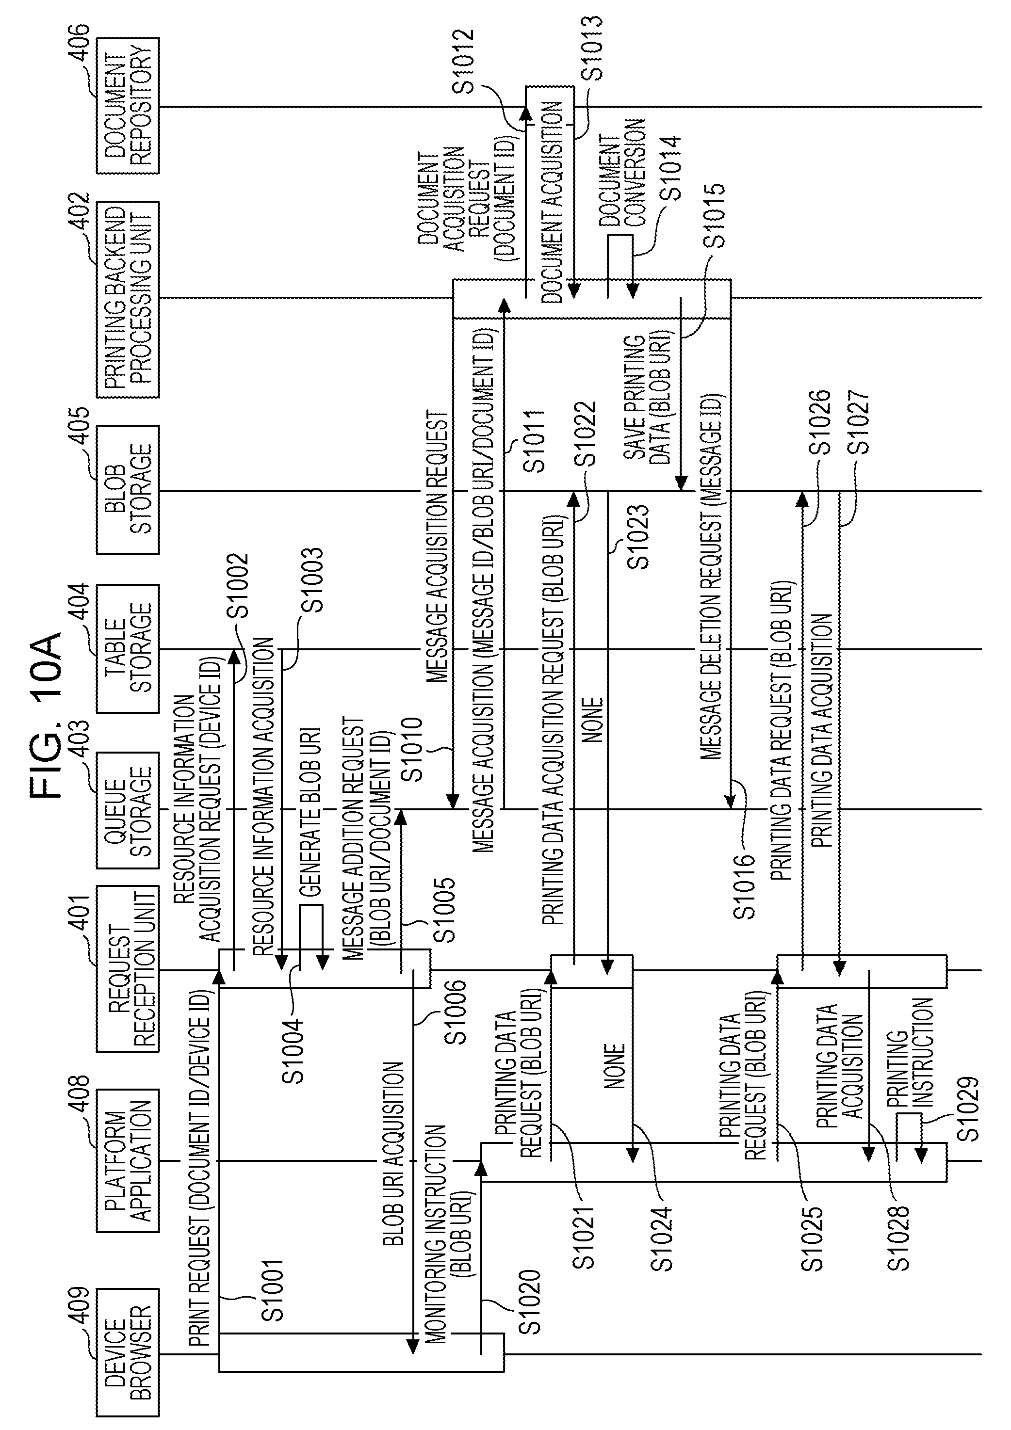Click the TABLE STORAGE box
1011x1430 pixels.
(x=128, y=648)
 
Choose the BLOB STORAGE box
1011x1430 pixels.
(x=128, y=489)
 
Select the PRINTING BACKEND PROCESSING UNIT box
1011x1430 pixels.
(x=128, y=299)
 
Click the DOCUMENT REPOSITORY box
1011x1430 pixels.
(x=128, y=106)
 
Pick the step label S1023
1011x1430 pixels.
(x=638, y=537)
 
